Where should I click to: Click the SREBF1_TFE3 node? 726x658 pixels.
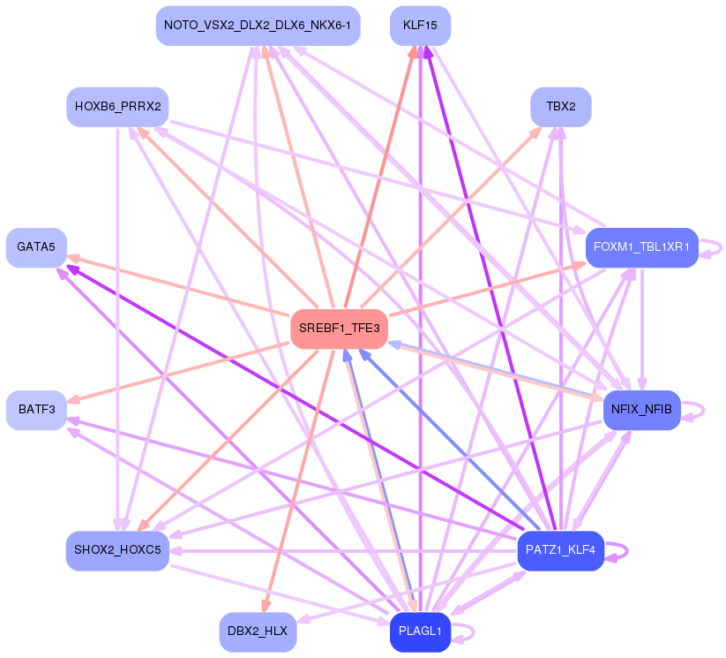340,329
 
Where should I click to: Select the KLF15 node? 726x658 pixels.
420,26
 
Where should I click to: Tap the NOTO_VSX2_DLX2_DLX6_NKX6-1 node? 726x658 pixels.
258,26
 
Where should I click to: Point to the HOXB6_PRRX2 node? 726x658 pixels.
117,107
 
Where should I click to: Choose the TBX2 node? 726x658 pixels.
560,107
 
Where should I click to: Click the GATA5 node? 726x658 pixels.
36,247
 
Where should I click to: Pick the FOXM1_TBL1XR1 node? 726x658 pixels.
642,247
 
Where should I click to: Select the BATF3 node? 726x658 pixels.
36,410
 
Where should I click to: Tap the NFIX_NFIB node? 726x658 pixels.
641,410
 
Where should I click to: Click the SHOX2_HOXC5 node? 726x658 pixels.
117,550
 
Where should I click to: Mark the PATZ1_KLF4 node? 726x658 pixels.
560,550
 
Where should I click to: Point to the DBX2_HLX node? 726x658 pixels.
258,632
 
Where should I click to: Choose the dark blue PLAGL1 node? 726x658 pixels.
420,632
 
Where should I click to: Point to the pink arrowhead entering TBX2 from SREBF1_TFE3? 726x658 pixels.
537,131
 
